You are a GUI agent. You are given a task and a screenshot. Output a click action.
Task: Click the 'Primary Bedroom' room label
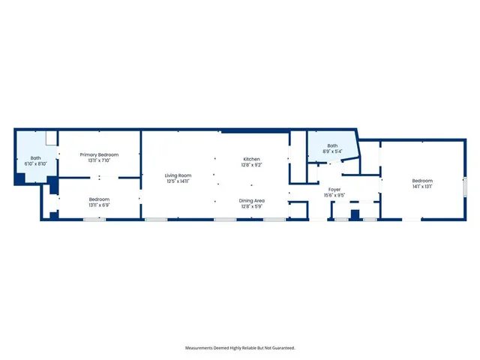(x=99, y=154)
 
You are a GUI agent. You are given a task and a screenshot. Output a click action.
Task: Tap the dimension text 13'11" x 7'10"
(x=99, y=160)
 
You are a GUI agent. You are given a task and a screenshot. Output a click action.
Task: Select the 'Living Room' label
(x=178, y=175)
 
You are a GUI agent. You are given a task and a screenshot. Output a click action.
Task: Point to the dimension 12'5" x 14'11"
(x=178, y=181)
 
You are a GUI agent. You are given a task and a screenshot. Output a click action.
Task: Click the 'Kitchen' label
(x=251, y=159)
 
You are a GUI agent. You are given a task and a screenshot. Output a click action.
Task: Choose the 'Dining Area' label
(x=251, y=200)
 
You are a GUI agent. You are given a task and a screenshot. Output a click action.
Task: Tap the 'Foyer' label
(x=334, y=189)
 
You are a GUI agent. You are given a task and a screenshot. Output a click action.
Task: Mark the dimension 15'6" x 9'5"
(x=334, y=195)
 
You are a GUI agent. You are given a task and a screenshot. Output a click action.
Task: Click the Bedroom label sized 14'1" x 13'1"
(x=422, y=181)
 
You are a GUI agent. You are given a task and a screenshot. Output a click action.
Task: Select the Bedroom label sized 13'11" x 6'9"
(x=99, y=199)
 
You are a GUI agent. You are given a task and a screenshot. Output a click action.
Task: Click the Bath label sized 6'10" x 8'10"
(x=35, y=157)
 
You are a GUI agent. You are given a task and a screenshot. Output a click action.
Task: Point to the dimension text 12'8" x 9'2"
(x=251, y=165)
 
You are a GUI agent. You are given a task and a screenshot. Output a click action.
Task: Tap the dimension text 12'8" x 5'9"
(x=251, y=206)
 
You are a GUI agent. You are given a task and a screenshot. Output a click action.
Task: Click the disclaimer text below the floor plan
(x=240, y=347)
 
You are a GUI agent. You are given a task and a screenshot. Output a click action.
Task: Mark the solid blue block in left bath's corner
(x=20, y=178)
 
